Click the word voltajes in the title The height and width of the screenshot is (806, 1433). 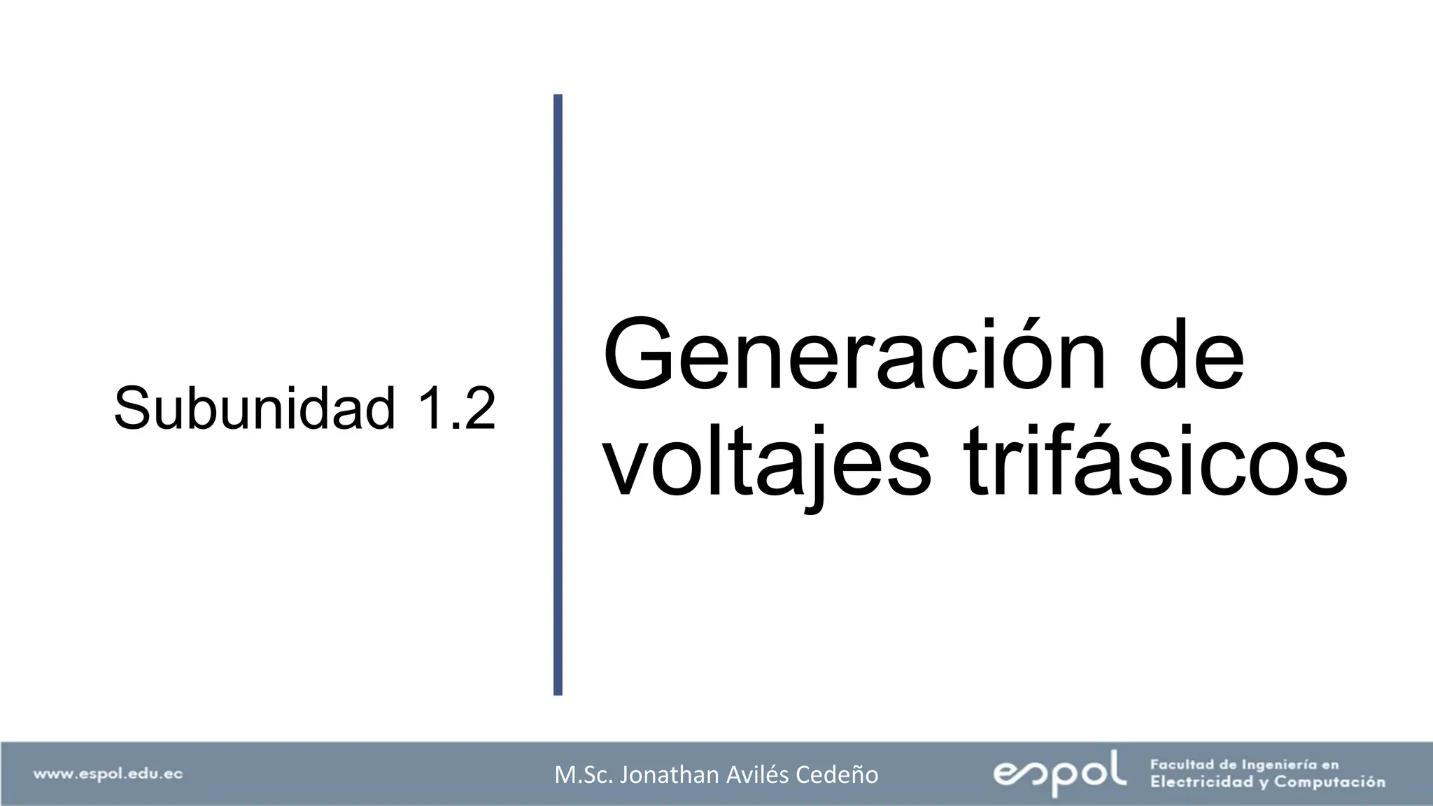coord(767,462)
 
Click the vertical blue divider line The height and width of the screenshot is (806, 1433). coord(558,395)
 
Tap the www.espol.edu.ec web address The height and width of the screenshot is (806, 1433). coord(108,774)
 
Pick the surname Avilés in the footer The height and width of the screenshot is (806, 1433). coord(776,775)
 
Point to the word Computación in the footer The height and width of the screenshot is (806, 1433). coord(1329,782)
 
